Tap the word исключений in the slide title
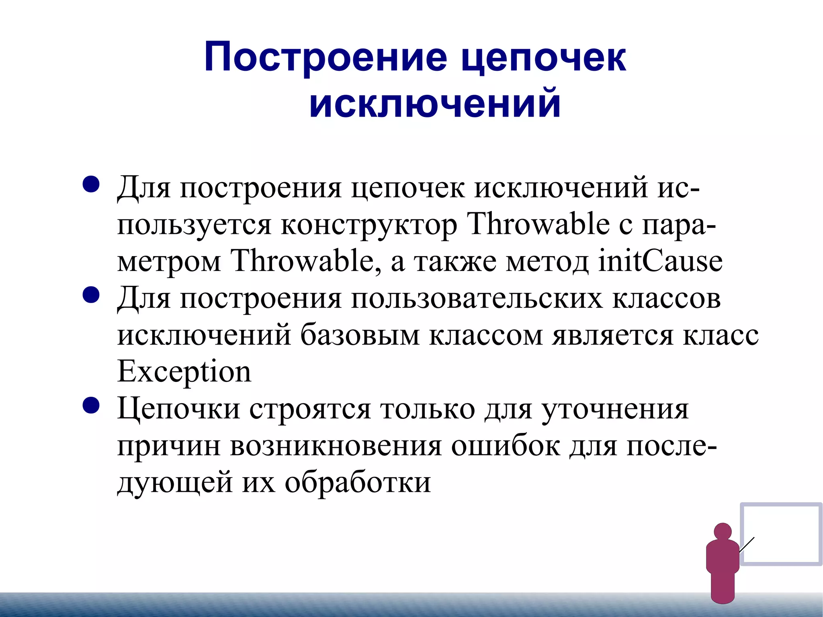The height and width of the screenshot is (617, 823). tap(435, 103)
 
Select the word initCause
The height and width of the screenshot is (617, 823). tap(660, 261)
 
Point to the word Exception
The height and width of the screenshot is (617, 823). tap(184, 372)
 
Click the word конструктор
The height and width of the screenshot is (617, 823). tap(369, 224)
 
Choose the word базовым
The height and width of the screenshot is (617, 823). tap(360, 335)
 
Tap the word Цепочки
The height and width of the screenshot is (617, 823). tap(178, 409)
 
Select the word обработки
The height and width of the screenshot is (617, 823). tap(358, 482)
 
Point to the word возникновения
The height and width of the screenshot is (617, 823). tap(336, 446)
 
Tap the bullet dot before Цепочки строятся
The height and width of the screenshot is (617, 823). tap(91, 406)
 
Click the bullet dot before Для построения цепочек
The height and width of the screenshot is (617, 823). tap(91, 184)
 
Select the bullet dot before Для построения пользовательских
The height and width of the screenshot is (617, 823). tap(91, 295)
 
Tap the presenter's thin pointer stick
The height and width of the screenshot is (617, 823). tap(746, 545)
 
